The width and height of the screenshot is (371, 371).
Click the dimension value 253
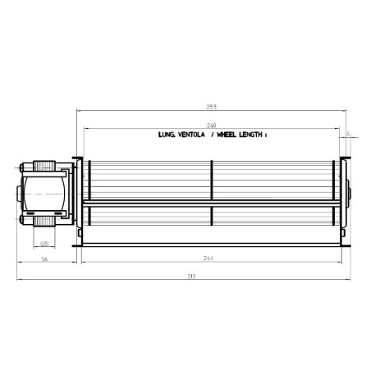(213, 107)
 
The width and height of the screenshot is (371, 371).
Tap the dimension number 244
(211, 258)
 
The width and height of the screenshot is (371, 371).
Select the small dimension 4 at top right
(349, 132)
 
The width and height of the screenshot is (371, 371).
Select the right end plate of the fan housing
(344, 197)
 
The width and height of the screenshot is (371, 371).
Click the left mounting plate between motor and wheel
(78, 197)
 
